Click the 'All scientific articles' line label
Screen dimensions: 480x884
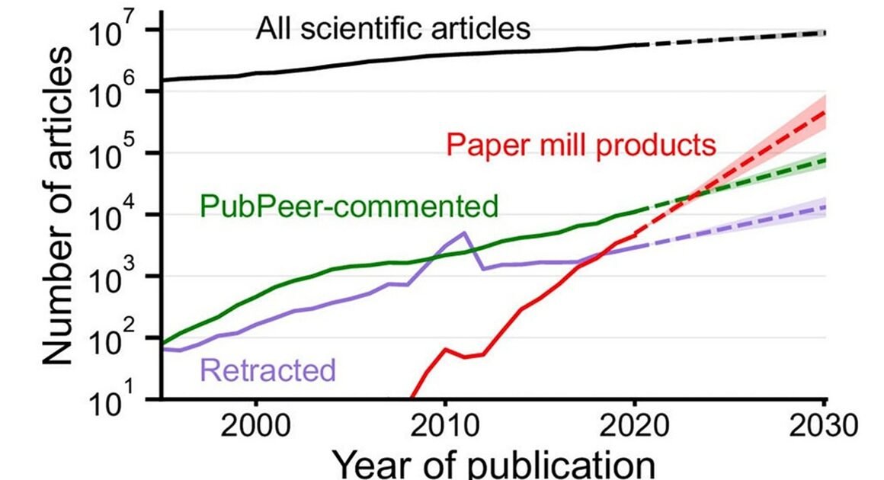[392, 30]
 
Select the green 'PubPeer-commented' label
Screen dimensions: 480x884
[349, 205]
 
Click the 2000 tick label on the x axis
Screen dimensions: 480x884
[256, 424]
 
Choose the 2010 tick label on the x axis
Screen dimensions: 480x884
[446, 424]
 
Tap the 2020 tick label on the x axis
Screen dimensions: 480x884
[635, 424]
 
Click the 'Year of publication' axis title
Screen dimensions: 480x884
[495, 463]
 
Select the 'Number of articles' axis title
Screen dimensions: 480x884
[58, 206]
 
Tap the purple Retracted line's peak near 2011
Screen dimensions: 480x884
[465, 232]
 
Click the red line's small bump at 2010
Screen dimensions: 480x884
[446, 350]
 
